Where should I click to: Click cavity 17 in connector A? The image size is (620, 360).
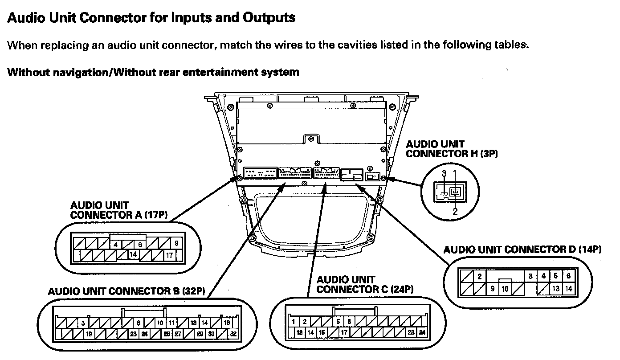click(x=170, y=255)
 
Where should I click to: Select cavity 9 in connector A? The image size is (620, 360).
click(x=177, y=243)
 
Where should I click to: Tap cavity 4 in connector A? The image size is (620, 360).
click(x=116, y=244)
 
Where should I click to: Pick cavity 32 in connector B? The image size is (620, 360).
click(x=234, y=333)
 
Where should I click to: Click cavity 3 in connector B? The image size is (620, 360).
click(x=83, y=323)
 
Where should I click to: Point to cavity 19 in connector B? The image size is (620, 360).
click(x=89, y=333)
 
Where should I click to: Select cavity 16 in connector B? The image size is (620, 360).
click(x=227, y=323)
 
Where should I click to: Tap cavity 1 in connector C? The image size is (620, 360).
click(x=294, y=321)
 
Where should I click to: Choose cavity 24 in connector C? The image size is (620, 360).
click(x=422, y=332)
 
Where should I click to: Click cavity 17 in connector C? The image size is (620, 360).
click(x=344, y=332)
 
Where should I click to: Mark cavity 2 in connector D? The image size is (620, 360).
click(x=480, y=276)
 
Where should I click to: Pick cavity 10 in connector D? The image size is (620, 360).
click(x=505, y=288)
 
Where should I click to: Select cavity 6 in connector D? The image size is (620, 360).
click(x=568, y=276)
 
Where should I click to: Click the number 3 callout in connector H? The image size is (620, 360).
click(x=444, y=173)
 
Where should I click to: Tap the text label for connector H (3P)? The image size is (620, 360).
click(x=452, y=149)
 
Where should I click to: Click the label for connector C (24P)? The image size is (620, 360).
click(x=365, y=285)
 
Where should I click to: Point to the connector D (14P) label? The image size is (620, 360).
click(x=522, y=250)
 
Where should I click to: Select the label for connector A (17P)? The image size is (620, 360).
click(x=118, y=210)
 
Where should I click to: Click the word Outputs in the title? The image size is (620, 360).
click(x=269, y=18)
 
